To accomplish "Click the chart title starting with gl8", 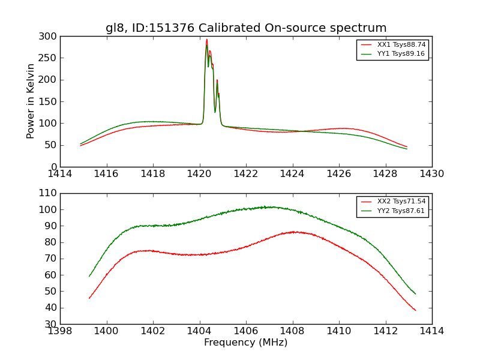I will tap(246, 28).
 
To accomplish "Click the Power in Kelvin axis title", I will tap(31, 101).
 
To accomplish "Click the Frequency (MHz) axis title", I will tap(246, 343).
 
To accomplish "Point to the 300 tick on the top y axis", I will tap(50, 37).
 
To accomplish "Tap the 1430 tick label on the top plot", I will tap(432, 174).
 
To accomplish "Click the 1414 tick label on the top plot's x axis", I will tap(61, 174).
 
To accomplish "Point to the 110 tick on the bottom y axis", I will tap(50, 193).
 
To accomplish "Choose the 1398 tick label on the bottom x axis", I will tap(61, 331).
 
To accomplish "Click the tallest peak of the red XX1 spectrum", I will tap(207, 40).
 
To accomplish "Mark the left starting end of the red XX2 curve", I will tap(89, 298).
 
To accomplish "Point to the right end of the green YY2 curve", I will tap(415, 294).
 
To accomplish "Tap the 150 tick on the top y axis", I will tap(50, 101).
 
